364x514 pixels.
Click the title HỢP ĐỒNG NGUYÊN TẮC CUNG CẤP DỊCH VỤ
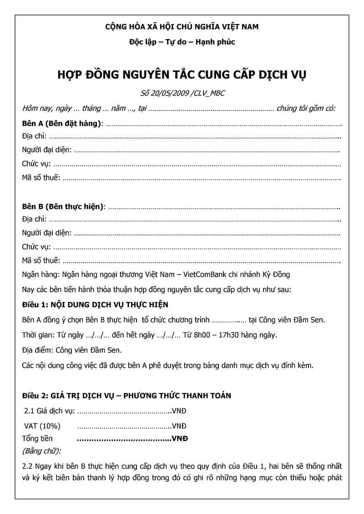coord(182,74)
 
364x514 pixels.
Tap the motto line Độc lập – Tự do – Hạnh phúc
coord(182,42)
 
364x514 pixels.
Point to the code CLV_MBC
coord(210,93)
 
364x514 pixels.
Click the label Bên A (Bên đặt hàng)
coord(62,124)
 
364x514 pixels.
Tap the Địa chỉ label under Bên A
coord(34,137)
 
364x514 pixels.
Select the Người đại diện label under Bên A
coord(46,150)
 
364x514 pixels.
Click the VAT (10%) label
coord(41,426)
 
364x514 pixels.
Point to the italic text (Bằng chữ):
coord(41,451)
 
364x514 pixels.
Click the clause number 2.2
coord(28,466)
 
